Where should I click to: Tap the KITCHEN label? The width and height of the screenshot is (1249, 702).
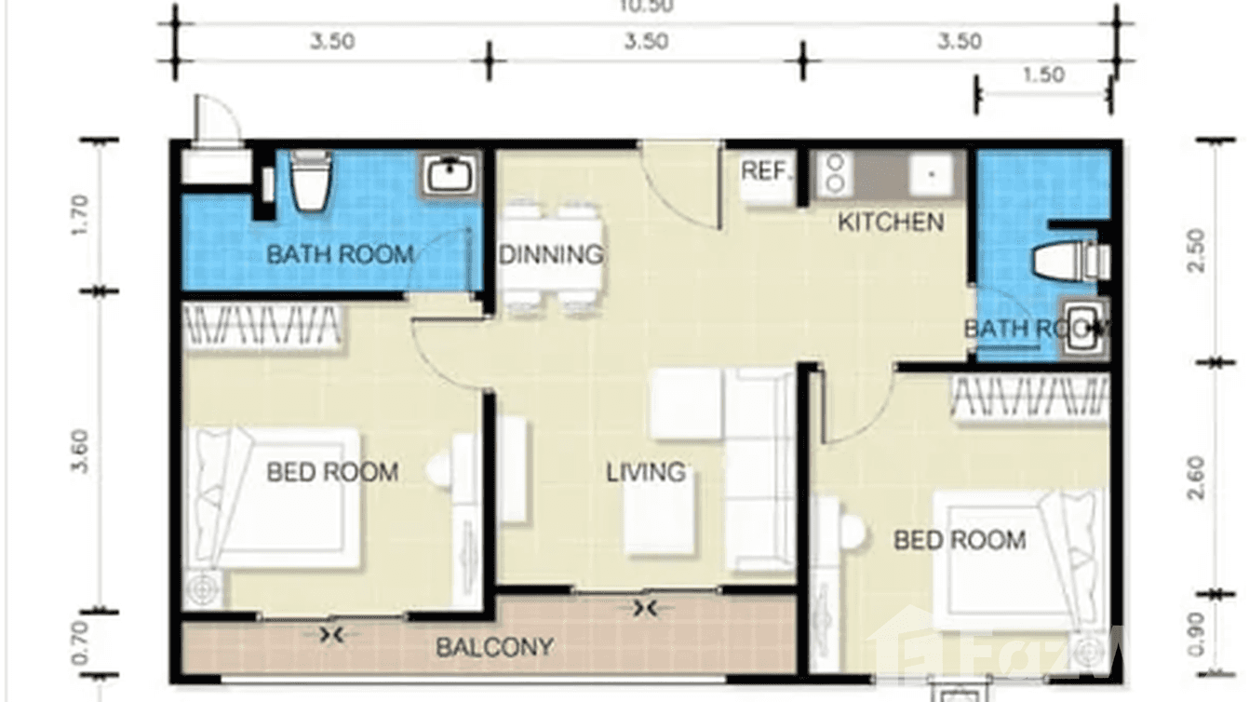coord(891,223)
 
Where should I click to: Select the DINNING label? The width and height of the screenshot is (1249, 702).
coord(551,254)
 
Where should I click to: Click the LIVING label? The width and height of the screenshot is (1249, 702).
coord(646,472)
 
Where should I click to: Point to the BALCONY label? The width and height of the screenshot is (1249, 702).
coord(495,646)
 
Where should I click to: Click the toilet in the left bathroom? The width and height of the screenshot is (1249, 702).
coord(311,181)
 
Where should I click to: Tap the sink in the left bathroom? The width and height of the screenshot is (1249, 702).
coord(451,175)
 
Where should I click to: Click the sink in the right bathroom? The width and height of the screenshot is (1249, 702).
coord(1083,328)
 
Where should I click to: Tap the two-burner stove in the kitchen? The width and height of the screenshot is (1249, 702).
coord(835,174)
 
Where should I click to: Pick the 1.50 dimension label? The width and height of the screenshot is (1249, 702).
coord(1042,75)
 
